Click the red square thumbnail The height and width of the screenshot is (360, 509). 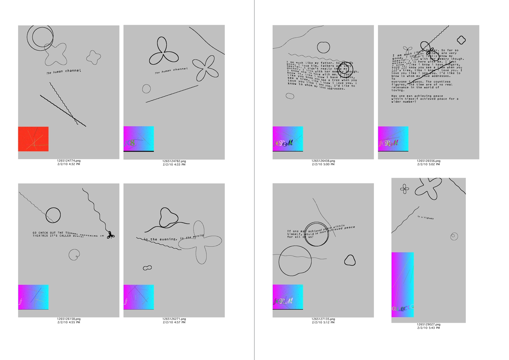click(x=33, y=139)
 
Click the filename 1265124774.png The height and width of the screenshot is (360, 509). click(x=69, y=161)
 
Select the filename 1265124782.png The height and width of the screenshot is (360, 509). click(x=174, y=161)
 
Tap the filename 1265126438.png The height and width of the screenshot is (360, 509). click(x=323, y=161)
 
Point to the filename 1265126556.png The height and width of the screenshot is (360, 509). click(x=429, y=161)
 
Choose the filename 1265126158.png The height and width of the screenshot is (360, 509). click(x=69, y=319)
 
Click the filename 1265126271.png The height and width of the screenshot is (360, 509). click(x=174, y=319)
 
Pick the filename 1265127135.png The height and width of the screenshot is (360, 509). click(x=323, y=319)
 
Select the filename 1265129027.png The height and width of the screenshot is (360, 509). click(x=429, y=324)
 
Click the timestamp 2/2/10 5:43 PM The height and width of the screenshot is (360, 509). click(x=429, y=328)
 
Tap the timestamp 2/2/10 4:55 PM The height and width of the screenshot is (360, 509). click(x=69, y=322)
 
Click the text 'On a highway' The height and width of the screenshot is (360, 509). click(x=426, y=217)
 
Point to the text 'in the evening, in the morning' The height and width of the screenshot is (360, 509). click(x=173, y=238)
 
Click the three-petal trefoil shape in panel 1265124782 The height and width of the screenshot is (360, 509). click(x=163, y=52)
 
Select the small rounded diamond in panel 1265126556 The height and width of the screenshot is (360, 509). click(x=461, y=40)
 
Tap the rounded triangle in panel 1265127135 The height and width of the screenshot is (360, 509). click(x=350, y=260)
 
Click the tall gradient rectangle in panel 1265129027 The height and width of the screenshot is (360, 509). click(x=402, y=284)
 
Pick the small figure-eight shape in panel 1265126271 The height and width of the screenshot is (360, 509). click(x=147, y=268)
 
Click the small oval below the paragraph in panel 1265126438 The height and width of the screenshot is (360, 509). click(x=290, y=96)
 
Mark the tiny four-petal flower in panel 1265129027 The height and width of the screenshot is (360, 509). click(x=404, y=189)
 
